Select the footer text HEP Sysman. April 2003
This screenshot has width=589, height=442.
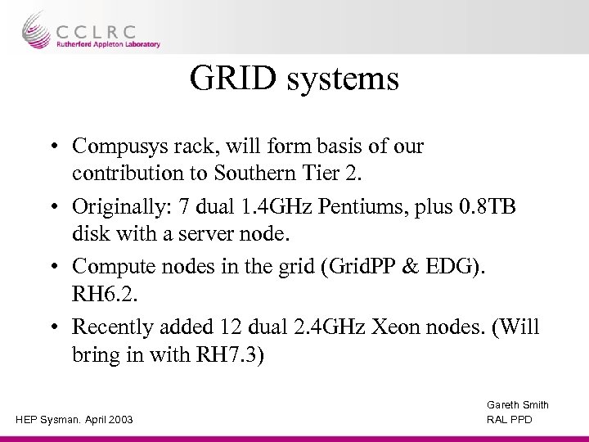pos(74,421)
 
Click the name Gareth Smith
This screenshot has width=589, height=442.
pos(518,405)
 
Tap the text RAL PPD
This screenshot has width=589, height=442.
pos(509,421)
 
